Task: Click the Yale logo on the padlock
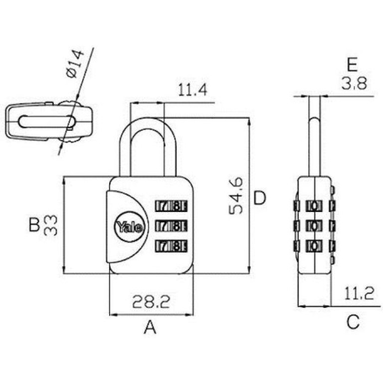click(x=130, y=227)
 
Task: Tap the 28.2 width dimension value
click(x=151, y=302)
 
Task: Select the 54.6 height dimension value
click(x=236, y=195)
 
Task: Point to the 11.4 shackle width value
click(x=192, y=90)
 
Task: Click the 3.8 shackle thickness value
click(x=354, y=84)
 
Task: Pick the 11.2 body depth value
click(x=359, y=293)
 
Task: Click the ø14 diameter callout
click(x=75, y=64)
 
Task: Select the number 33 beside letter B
click(x=50, y=225)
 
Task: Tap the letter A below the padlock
click(x=150, y=327)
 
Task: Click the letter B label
click(x=34, y=225)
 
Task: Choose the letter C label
click(x=353, y=322)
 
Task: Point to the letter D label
click(x=259, y=198)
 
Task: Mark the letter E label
click(x=352, y=64)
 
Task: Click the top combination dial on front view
click(x=171, y=206)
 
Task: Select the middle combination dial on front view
click(x=171, y=226)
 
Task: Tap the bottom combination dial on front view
click(x=171, y=246)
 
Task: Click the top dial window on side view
click(x=314, y=206)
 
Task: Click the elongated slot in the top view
click(x=47, y=121)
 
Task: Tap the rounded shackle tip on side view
click(x=314, y=120)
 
